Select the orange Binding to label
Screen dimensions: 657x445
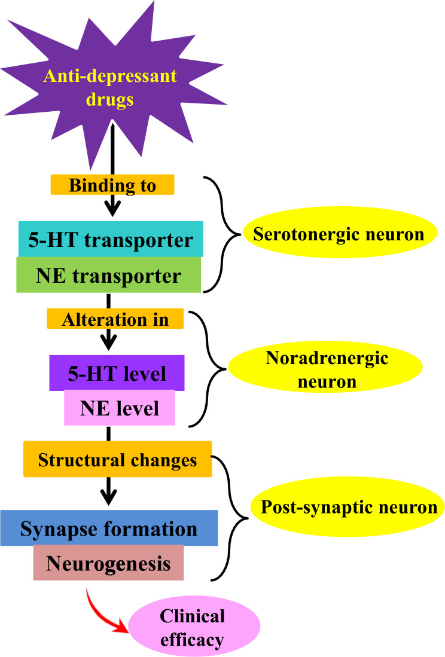(x=112, y=185)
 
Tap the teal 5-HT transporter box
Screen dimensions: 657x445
(x=110, y=240)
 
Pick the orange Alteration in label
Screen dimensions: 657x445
(x=115, y=319)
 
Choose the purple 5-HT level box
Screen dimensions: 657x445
(x=117, y=374)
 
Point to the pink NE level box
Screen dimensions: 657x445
(x=120, y=408)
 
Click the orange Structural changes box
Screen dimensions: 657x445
(x=117, y=460)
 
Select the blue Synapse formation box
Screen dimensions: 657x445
(x=109, y=528)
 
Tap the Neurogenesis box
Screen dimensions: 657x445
(x=108, y=563)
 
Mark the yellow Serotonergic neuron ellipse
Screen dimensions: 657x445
(x=339, y=234)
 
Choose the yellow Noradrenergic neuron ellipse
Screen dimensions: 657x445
(x=327, y=369)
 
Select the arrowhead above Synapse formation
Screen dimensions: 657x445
(x=108, y=496)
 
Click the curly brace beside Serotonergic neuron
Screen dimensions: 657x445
(x=225, y=234)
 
